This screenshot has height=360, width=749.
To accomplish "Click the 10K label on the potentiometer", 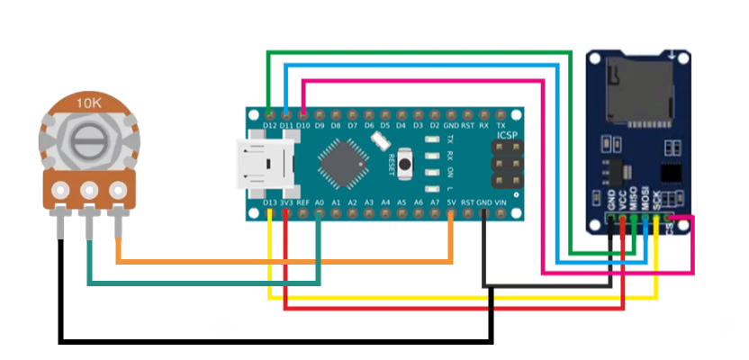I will point(88,102).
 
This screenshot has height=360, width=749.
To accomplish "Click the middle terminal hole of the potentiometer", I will point(88,190).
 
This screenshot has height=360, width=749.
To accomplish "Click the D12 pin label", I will point(271,128).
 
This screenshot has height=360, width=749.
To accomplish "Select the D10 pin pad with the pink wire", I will point(303,116).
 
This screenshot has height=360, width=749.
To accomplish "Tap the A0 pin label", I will point(320,203).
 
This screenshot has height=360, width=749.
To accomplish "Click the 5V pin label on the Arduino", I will point(450,203).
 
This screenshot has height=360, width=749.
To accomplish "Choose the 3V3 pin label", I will point(287,203).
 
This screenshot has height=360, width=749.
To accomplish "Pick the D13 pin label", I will point(270,203).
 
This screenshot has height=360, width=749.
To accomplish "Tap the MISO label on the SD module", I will point(634,201).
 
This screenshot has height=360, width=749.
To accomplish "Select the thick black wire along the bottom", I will point(270,341).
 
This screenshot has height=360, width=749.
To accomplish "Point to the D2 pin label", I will point(434,128).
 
